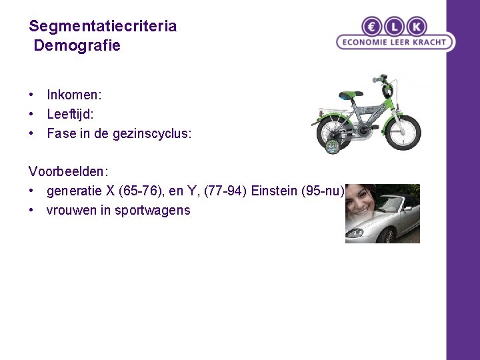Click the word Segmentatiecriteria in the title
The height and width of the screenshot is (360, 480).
pyautogui.click(x=103, y=27)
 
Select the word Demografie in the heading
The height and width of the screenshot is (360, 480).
pyautogui.click(x=77, y=46)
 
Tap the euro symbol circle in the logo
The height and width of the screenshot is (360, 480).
pyautogui.click(x=373, y=27)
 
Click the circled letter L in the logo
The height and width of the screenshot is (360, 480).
pyautogui.click(x=395, y=27)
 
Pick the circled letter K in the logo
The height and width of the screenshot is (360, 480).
pyautogui.click(x=417, y=27)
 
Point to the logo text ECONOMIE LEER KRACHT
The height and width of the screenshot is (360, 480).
pyautogui.click(x=395, y=42)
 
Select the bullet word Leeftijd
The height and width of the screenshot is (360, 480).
pyautogui.click(x=70, y=114)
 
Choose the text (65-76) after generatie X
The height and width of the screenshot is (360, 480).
pyautogui.click(x=149, y=191)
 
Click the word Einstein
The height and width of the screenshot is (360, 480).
pyautogui.click(x=274, y=191)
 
